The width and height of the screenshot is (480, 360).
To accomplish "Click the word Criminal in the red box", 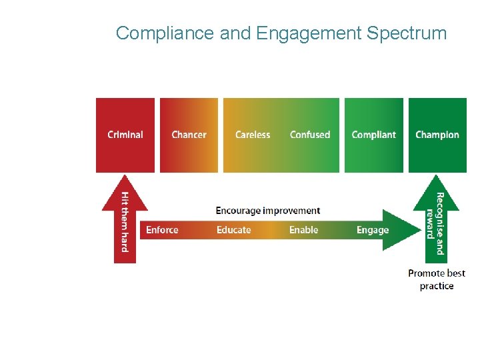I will [125, 135].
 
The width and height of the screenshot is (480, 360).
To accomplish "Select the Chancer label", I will [189, 135].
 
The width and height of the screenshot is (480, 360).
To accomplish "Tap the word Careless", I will [253, 135].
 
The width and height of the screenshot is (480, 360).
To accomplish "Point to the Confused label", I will [310, 135].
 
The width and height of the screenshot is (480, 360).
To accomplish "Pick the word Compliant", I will [373, 135].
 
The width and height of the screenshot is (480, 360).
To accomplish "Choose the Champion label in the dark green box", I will [437, 135].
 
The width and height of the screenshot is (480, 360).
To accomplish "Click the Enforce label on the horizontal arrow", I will [162, 230].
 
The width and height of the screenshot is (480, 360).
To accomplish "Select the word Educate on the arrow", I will [233, 230].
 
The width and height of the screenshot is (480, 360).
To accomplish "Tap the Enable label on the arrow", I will [303, 230].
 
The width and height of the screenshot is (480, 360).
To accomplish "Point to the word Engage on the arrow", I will [372, 230].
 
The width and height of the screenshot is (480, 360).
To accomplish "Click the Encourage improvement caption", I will [267, 211].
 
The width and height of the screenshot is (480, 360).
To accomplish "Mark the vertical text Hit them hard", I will [125, 221].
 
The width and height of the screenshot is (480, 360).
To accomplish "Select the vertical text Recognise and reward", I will [435, 223].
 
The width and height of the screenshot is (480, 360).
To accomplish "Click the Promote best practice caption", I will [437, 279].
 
